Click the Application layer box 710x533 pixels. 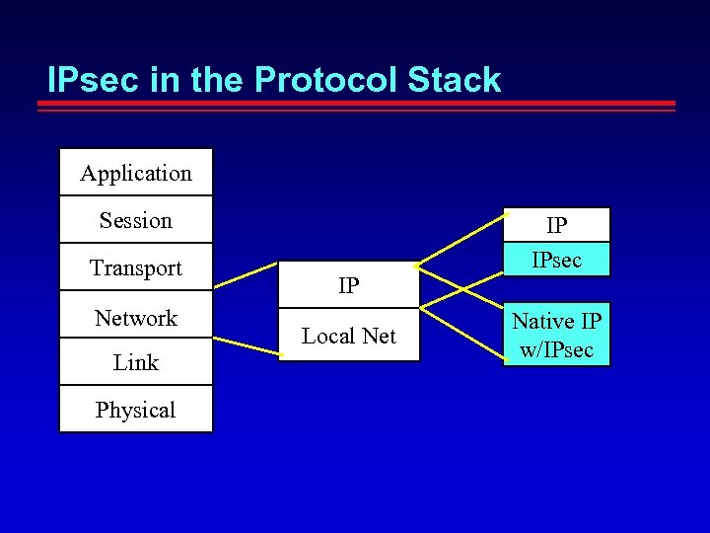(x=136, y=173)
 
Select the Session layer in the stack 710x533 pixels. (x=136, y=220)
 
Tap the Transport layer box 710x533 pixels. (x=136, y=267)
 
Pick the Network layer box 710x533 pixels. (x=136, y=318)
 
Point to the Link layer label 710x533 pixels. (x=136, y=362)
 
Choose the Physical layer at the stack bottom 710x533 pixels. (x=136, y=410)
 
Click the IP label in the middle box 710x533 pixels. (x=348, y=286)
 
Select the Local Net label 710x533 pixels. (x=348, y=336)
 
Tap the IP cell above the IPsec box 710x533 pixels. (x=557, y=225)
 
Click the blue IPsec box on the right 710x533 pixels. (x=557, y=260)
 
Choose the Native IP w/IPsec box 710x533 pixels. (x=557, y=335)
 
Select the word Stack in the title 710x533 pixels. (x=454, y=80)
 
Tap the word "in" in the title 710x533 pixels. (x=167, y=80)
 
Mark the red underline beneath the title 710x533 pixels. (x=360, y=104)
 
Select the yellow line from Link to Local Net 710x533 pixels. (x=247, y=344)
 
